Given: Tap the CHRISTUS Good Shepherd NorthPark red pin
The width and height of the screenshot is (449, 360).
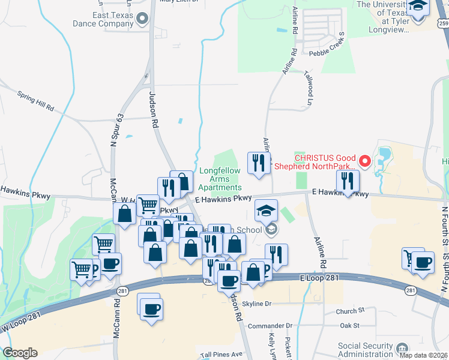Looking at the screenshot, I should pyautogui.click(x=364, y=161).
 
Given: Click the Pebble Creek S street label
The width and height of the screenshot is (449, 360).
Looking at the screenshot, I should pyautogui.click(x=327, y=53).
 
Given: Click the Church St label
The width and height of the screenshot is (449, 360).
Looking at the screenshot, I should pyautogui.click(x=350, y=311).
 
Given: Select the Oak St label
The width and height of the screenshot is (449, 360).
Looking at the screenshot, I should pyautogui.click(x=349, y=325).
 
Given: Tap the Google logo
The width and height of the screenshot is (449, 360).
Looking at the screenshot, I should pyautogui.click(x=20, y=352).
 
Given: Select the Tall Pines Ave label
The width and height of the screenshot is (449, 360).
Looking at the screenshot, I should pyautogui.click(x=221, y=354).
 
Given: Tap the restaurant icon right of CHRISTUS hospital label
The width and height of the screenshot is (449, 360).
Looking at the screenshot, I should pyautogui.click(x=348, y=180).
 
